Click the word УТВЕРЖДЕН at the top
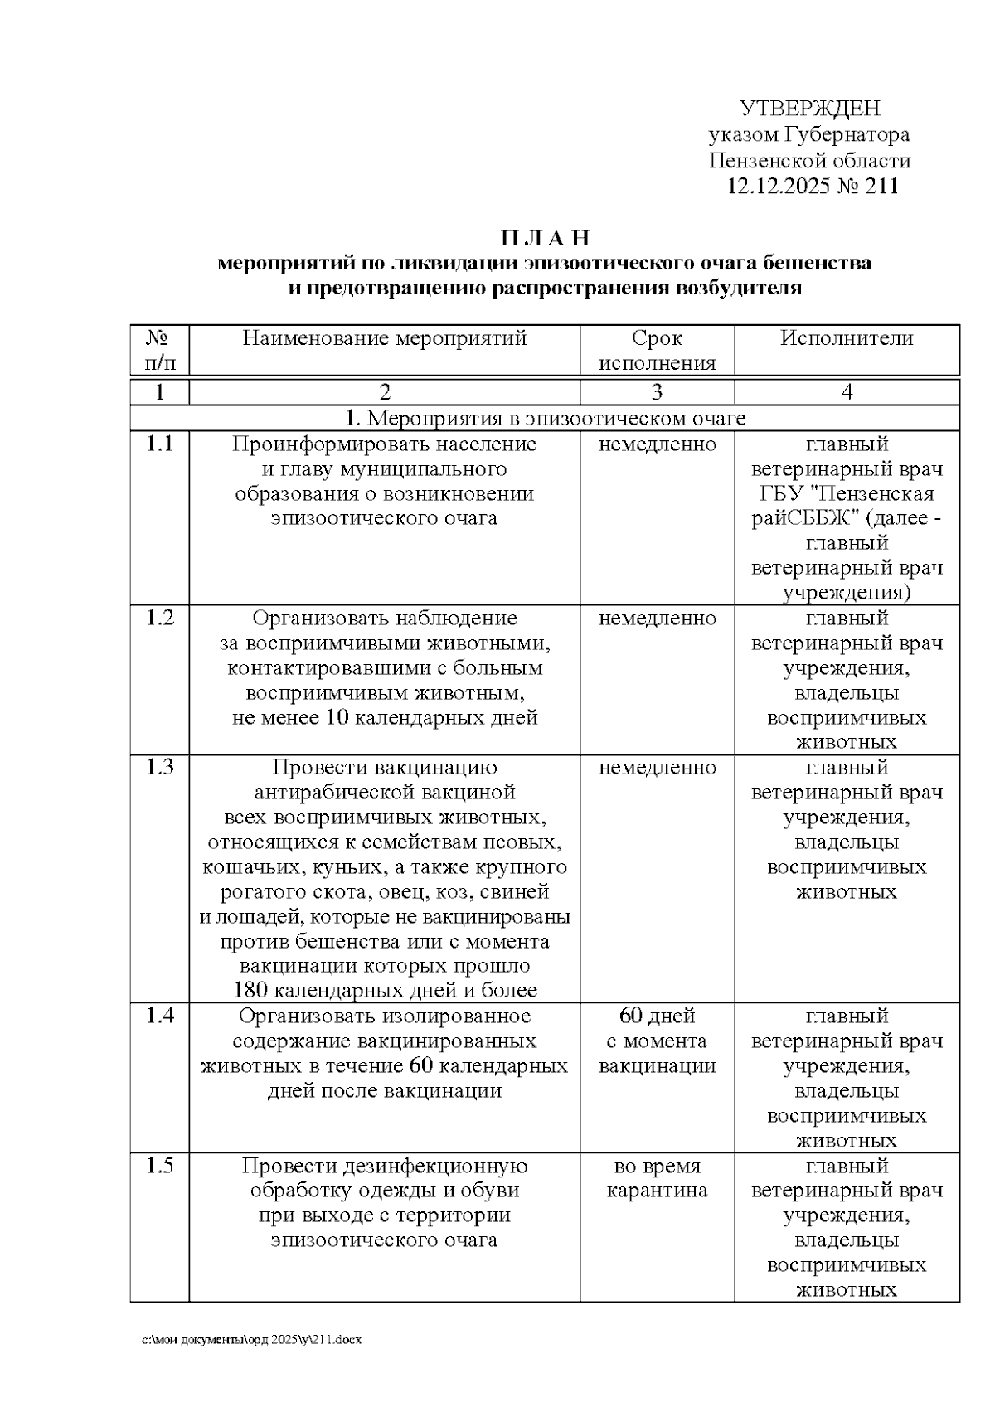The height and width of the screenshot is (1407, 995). point(809,109)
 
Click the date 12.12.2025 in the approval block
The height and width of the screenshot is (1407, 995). point(778,186)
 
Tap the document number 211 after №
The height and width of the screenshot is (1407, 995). point(881,186)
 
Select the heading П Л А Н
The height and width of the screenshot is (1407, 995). point(545,239)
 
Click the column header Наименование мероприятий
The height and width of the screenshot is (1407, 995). point(385,338)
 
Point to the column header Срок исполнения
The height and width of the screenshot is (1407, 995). point(657,351)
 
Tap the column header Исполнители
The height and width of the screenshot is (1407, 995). point(846,338)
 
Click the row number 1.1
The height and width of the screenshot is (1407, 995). point(160,444)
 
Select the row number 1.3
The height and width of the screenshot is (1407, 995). point(160,768)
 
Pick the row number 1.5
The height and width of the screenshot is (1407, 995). point(160,1167)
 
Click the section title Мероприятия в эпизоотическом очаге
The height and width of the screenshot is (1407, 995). point(554,419)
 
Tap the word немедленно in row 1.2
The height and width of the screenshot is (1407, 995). point(657,619)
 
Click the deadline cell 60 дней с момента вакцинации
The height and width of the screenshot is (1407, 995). point(657,1041)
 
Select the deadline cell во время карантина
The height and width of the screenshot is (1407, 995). point(657,1179)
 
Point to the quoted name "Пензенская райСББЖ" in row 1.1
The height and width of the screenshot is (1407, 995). point(847,507)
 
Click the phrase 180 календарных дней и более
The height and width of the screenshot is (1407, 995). point(385,991)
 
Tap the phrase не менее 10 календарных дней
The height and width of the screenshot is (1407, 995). point(385,718)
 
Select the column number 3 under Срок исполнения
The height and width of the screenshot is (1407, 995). point(657,392)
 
